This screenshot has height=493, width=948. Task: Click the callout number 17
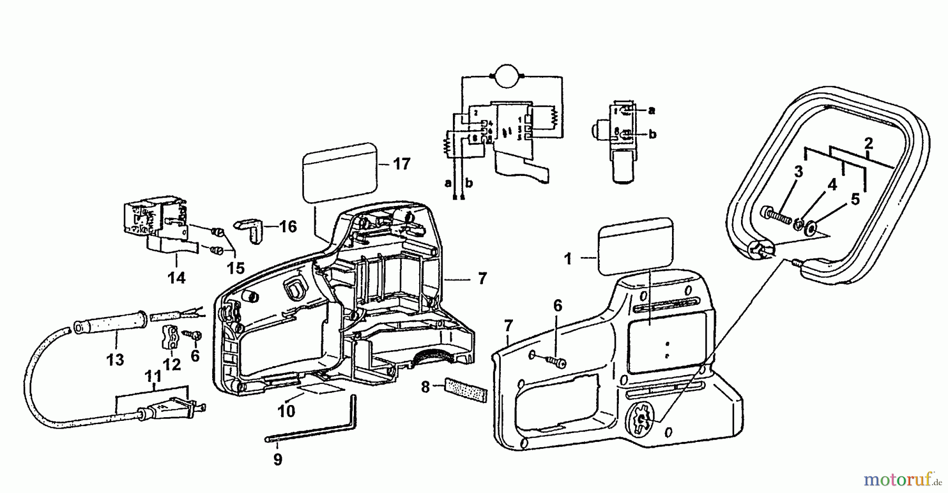(402, 164)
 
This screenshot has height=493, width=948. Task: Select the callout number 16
(288, 226)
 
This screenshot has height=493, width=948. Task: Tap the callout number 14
(176, 277)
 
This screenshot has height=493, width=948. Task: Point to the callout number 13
(115, 360)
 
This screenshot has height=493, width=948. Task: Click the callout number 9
(278, 459)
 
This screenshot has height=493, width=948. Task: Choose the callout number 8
(426, 388)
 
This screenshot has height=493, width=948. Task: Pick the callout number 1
(568, 259)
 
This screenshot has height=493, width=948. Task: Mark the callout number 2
(868, 143)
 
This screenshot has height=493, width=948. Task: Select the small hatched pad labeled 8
(466, 389)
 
